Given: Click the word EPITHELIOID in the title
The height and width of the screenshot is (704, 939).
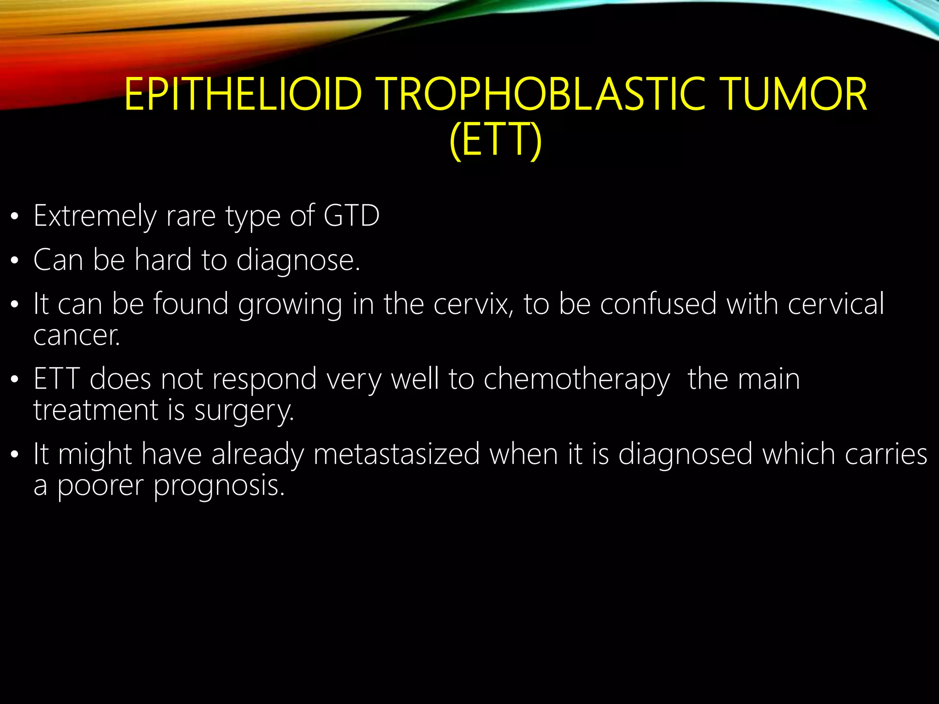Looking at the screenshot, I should pos(243,94).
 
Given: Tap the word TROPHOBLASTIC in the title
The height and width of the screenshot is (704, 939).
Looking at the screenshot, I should pos(542,94).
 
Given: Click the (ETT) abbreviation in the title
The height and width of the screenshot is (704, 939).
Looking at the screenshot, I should pos(496,139).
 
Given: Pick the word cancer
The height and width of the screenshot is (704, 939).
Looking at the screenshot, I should pos(77,335).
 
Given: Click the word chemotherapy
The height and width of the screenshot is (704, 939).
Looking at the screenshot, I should pos(577,380).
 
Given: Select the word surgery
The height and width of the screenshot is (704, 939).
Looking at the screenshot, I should pos(244,411).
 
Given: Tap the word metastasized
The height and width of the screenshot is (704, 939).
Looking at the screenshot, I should pos(397,455).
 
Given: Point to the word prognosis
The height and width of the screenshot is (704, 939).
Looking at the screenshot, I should pos(219,486).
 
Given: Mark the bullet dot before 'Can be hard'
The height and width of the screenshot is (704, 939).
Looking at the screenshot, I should pos(15,261).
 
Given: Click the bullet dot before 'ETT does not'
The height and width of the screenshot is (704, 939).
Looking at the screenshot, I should pos(15,379).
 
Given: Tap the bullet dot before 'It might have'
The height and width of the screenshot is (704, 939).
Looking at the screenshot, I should pos(15,455).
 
